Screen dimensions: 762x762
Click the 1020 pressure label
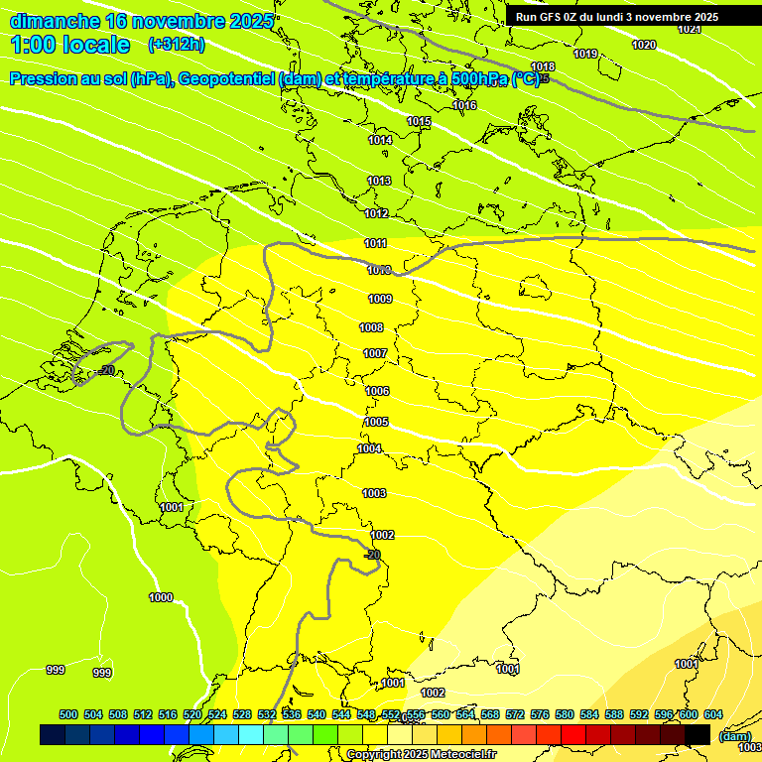[x=644, y=45]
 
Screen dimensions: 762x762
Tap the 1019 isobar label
[x=585, y=54]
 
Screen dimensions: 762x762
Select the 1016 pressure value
[x=464, y=105]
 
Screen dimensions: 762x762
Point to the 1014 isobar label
[x=380, y=140]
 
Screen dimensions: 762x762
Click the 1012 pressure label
[x=376, y=213]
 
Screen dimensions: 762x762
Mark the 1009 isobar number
[x=380, y=299]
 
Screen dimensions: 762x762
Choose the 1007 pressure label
[x=375, y=353]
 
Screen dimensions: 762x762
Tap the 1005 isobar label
[x=376, y=422]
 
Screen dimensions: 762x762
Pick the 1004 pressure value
[x=370, y=448]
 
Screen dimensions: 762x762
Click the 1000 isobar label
[x=161, y=597]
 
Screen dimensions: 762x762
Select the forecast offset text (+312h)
[x=176, y=45]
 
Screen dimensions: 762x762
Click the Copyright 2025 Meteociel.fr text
[x=421, y=754]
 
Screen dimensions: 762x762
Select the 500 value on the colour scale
[x=68, y=714]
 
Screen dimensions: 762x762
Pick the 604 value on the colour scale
[x=712, y=714]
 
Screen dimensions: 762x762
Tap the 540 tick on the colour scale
[x=317, y=714]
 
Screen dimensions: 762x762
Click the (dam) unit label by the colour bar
[x=734, y=735]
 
